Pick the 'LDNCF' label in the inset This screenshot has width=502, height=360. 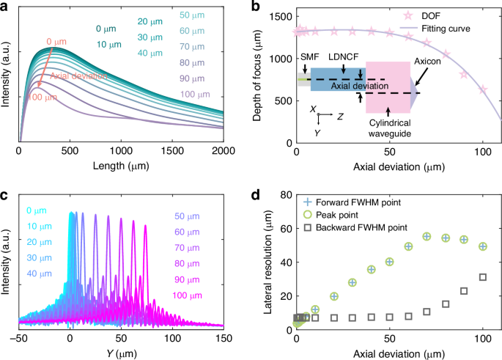coord(342,56)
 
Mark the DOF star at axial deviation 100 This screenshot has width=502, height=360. coord(482,89)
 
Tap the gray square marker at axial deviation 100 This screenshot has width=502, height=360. coord(482,277)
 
